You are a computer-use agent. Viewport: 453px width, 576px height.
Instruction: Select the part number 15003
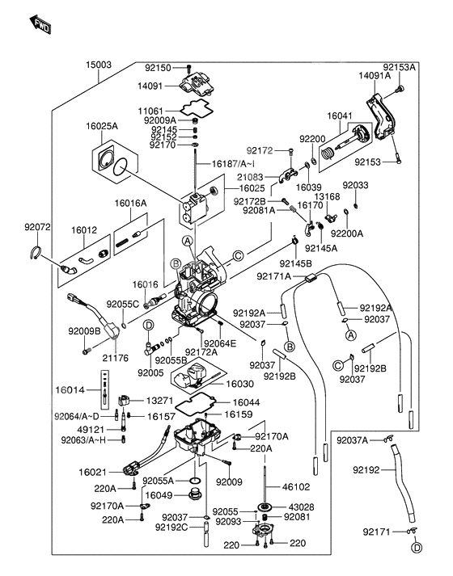point(99,63)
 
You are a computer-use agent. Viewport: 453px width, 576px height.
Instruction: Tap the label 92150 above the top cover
point(159,68)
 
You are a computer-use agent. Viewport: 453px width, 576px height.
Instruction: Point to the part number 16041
point(340,116)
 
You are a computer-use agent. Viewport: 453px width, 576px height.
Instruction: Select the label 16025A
point(103,126)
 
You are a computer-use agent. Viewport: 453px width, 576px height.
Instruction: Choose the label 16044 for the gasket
point(247,402)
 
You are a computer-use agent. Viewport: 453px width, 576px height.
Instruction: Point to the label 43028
point(294,507)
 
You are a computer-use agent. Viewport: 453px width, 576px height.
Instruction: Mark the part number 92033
point(354,185)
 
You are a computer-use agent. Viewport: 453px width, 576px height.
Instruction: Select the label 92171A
point(274,276)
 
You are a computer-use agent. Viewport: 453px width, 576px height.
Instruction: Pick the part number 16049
point(159,494)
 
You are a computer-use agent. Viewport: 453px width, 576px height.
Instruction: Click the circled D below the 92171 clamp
point(417,548)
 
